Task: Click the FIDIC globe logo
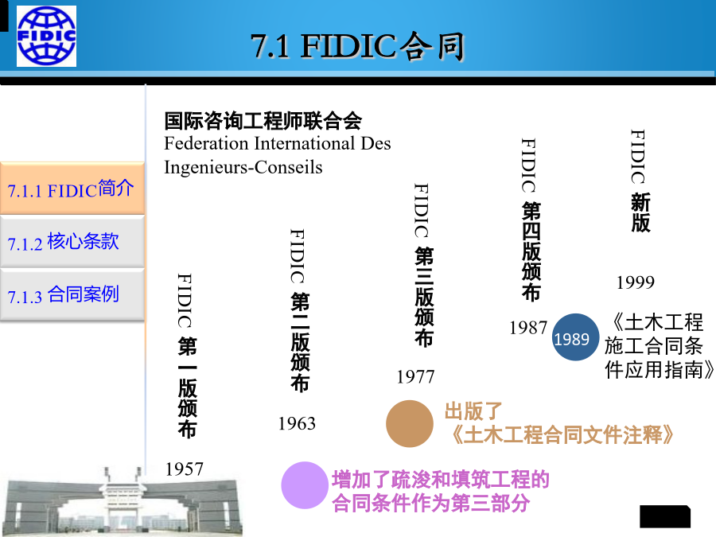click(47, 37)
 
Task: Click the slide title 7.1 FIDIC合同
click(357, 46)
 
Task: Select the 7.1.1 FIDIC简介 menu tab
click(72, 188)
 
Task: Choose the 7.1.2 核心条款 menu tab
click(72, 242)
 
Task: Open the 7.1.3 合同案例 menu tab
click(72, 294)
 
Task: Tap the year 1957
click(184, 469)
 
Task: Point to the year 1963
click(297, 423)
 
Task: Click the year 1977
click(415, 377)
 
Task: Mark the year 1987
click(528, 328)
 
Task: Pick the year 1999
click(635, 282)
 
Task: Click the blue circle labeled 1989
click(575, 337)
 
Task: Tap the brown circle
click(410, 423)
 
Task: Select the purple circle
click(305, 485)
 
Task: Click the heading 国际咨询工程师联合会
click(263, 121)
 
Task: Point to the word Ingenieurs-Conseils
click(243, 167)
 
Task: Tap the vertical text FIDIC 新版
click(640, 181)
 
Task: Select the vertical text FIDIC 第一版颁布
click(187, 356)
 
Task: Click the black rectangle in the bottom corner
click(665, 516)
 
